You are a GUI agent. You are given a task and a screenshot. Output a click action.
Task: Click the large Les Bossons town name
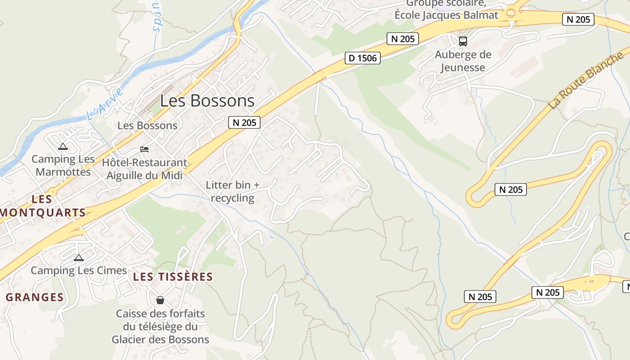pyautogui.click(x=207, y=100)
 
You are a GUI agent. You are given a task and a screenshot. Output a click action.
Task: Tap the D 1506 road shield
pyautogui.click(x=363, y=58)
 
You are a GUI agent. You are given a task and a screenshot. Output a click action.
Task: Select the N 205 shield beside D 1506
pyautogui.click(x=403, y=39)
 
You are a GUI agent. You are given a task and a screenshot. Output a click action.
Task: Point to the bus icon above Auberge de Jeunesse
pyautogui.click(x=463, y=41)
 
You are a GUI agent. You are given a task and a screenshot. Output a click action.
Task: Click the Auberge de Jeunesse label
pyautogui.click(x=463, y=61)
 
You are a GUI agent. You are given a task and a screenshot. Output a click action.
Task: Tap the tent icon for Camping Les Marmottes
pyautogui.click(x=63, y=146)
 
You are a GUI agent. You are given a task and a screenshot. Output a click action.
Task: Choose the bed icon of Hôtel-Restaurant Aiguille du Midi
pyautogui.click(x=144, y=149)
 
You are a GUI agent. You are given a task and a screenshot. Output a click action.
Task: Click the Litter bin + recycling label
pyautogui.click(x=233, y=191)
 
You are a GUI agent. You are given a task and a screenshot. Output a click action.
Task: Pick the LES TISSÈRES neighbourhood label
pyautogui.click(x=173, y=277)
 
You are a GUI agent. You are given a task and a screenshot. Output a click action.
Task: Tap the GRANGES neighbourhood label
pyautogui.click(x=35, y=297)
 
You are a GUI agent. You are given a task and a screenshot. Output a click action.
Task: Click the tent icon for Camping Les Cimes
pyautogui.click(x=79, y=258)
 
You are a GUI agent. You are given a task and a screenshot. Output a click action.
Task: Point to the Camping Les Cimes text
pyautogui.click(x=79, y=270)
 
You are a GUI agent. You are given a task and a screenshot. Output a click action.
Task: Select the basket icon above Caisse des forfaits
pyautogui.click(x=160, y=300)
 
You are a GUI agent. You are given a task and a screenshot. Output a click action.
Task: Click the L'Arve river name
pyautogui.click(x=104, y=104)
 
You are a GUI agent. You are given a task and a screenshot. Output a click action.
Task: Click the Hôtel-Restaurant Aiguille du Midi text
pyautogui.click(x=144, y=169)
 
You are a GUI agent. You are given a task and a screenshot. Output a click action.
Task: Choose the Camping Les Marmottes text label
pyautogui.click(x=63, y=165)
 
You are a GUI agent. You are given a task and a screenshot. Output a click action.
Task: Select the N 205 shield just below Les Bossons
pyautogui.click(x=244, y=122)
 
